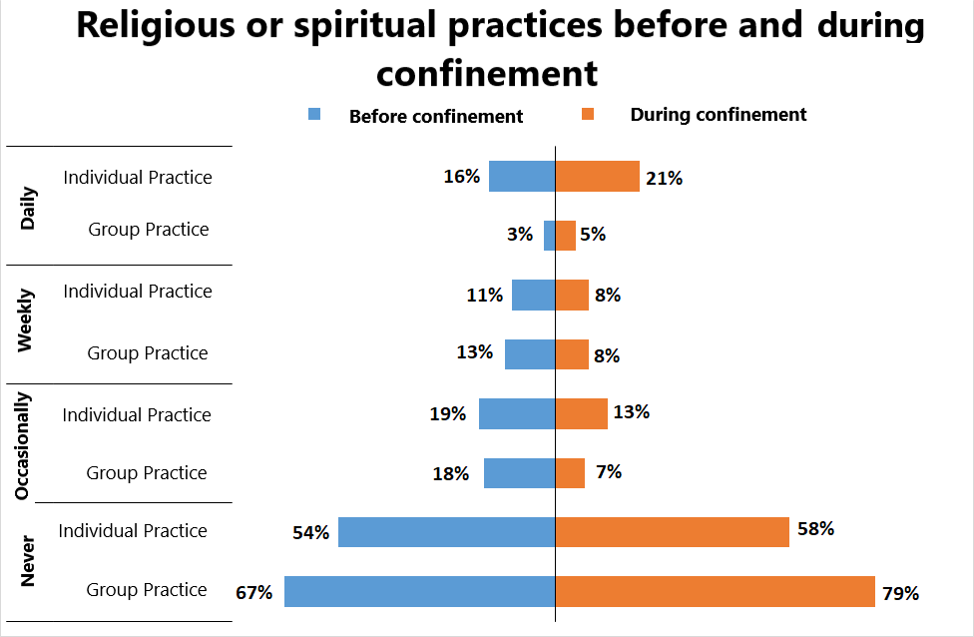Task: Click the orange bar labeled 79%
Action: tap(715, 592)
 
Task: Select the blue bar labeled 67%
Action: tap(419, 592)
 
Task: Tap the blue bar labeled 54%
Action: tap(446, 532)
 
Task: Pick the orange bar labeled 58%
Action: tap(672, 532)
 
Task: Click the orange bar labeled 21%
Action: tap(597, 177)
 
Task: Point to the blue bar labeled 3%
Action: tap(549, 236)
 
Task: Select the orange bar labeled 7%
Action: tap(570, 473)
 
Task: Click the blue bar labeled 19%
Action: tap(517, 414)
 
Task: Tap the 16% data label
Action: tap(462, 177)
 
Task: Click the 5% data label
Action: tap(593, 236)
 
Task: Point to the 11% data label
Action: tap(484, 295)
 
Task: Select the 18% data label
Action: tap(451, 473)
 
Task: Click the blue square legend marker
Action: tap(315, 115)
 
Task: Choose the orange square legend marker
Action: tap(589, 115)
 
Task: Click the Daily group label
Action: tap(28, 208)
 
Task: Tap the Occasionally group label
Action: tap(24, 445)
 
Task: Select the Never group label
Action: tap(27, 561)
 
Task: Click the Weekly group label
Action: tap(26, 320)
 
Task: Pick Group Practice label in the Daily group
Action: tap(149, 230)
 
